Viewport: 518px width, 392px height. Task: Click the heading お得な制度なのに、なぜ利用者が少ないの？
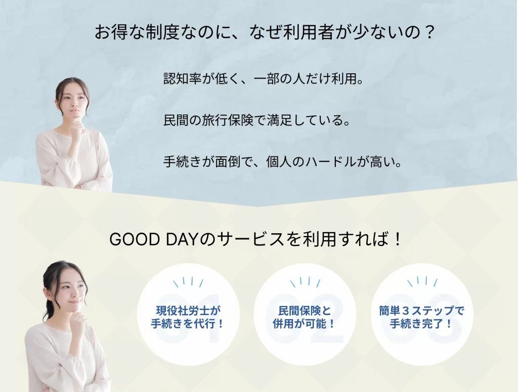(265, 33)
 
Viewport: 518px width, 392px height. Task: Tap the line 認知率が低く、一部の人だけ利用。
(263, 79)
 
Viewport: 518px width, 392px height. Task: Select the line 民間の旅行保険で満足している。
(257, 121)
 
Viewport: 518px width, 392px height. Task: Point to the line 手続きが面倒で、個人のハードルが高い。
(283, 163)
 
